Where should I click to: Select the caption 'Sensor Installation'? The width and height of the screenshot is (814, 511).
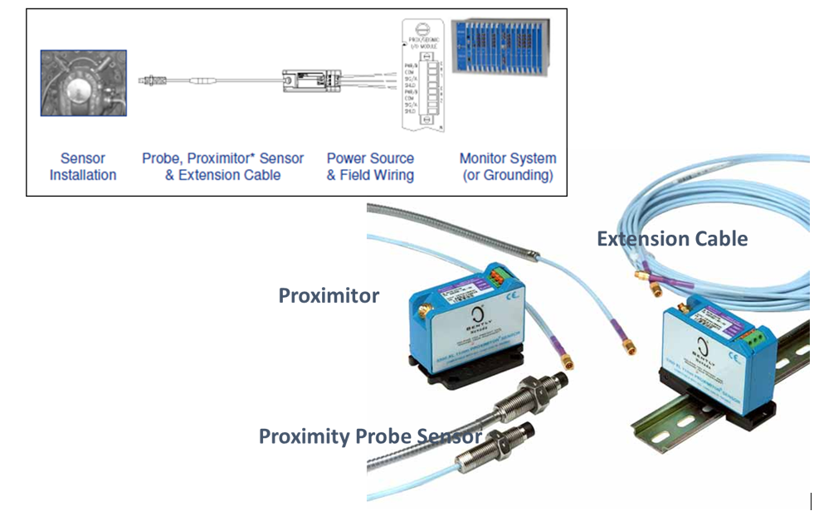click(x=83, y=166)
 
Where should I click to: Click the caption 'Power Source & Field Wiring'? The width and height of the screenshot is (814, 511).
click(x=370, y=166)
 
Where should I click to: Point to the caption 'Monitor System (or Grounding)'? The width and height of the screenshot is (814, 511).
click(x=508, y=166)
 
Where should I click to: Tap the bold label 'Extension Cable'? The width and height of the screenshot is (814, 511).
click(x=672, y=240)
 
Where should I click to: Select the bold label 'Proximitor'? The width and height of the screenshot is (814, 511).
click(x=329, y=296)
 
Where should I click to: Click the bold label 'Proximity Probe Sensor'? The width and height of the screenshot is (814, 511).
click(x=370, y=436)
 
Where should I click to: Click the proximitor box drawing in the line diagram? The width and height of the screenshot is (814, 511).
click(x=306, y=81)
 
